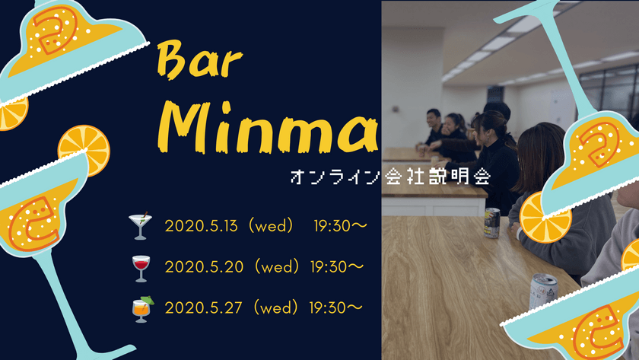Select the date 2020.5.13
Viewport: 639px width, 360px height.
point(201,225)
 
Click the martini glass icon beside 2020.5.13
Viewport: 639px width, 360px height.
point(140,226)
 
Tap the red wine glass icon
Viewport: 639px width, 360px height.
point(141,267)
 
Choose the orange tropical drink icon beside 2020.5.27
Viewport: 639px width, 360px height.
point(141,308)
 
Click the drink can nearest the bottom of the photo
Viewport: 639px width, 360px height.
point(542,292)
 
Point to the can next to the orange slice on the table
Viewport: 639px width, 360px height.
point(492,223)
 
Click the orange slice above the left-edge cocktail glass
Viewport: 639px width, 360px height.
point(84,149)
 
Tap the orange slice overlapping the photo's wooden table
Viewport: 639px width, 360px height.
point(545,218)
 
